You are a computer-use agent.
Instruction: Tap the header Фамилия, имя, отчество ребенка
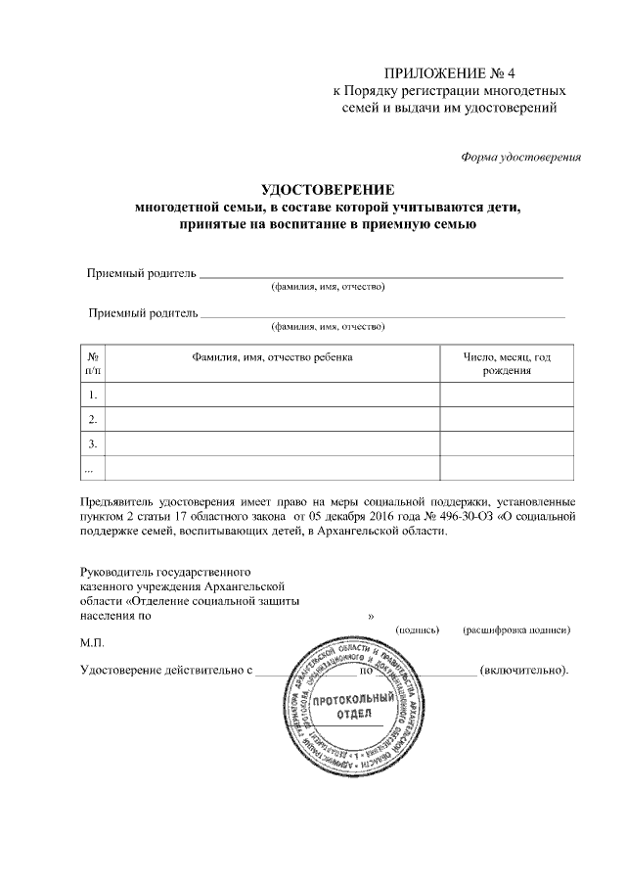[x=273, y=358]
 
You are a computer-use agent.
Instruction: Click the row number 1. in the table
[x=92, y=396]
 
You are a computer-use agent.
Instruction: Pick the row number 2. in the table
[x=92, y=420]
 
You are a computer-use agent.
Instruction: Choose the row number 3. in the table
[x=92, y=444]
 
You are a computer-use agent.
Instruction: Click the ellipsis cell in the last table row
[x=91, y=469]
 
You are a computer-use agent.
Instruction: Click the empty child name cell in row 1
[x=273, y=396]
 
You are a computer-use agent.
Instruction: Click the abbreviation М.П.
[x=92, y=645]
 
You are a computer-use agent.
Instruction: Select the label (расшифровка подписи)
[x=516, y=629]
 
